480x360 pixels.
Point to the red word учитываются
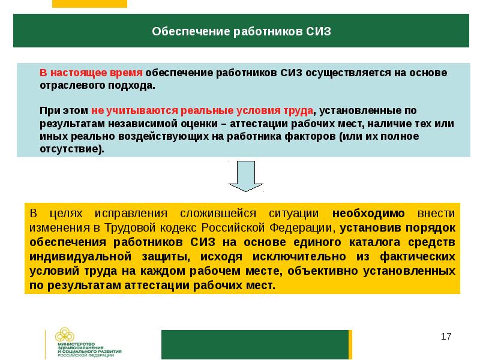pyautogui.click(x=140, y=111)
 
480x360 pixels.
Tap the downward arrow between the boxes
pyautogui.click(x=246, y=176)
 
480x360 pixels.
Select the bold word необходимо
pyautogui.click(x=368, y=213)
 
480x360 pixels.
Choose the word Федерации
pyautogui.click(x=301, y=228)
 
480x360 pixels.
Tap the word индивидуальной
pyautogui.click(x=80, y=257)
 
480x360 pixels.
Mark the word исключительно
pyautogui.click(x=299, y=257)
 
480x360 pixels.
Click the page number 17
pyautogui.click(x=446, y=337)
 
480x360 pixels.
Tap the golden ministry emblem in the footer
pyautogui.click(x=65, y=335)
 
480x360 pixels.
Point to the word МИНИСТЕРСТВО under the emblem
pyautogui.click(x=77, y=344)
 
